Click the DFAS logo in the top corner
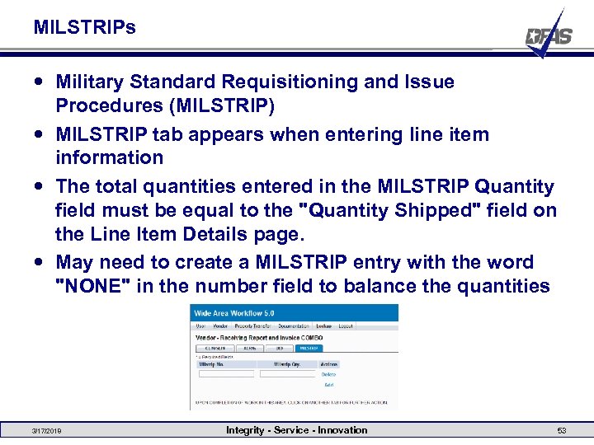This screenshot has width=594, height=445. click(x=549, y=35)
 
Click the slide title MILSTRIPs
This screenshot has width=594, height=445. click(x=85, y=27)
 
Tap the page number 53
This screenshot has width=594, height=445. click(x=561, y=431)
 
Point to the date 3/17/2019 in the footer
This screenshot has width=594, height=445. click(x=46, y=431)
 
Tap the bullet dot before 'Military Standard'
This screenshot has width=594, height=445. click(x=40, y=82)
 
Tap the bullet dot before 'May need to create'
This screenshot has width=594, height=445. click(x=40, y=262)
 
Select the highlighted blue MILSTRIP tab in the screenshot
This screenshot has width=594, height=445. click(x=309, y=349)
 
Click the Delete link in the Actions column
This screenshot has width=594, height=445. click(x=329, y=374)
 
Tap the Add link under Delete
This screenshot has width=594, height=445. click(x=328, y=385)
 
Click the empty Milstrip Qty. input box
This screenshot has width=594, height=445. click(x=287, y=374)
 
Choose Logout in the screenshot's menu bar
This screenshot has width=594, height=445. click(x=346, y=326)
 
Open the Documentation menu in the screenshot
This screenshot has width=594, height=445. click(x=294, y=326)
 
